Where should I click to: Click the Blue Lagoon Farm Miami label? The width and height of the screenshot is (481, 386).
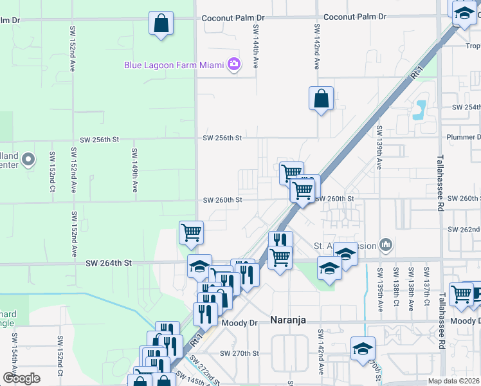[174, 64]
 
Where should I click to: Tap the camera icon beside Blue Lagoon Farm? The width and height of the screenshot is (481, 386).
[233, 64]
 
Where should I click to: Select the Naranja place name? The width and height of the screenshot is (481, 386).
[291, 320]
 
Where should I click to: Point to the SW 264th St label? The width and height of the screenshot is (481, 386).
[109, 262]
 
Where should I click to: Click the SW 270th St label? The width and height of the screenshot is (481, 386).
[239, 353]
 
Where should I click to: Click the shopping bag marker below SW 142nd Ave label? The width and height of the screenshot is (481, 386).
[321, 98]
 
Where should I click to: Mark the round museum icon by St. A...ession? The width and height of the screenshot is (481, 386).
[386, 244]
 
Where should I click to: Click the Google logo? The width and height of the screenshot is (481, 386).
[21, 378]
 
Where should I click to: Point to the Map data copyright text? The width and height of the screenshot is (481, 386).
[454, 381]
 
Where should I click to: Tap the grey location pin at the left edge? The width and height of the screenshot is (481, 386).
[28, 158]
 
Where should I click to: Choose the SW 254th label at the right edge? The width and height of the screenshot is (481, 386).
[467, 107]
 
